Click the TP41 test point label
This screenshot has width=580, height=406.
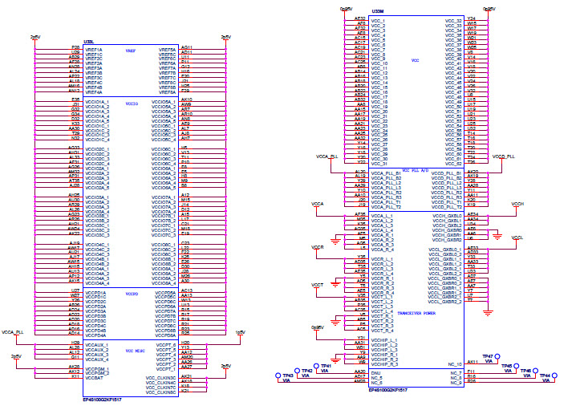(327, 365)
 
